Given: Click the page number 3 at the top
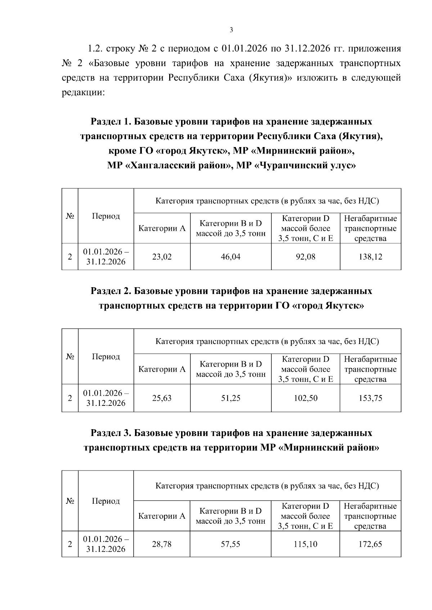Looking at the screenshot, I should point(231,30).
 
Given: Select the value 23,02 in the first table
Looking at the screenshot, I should point(162,257).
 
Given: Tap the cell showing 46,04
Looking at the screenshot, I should point(231,257).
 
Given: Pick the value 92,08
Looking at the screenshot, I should point(305,257).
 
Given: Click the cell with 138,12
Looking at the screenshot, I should point(370,257).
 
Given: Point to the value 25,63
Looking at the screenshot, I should point(162,398).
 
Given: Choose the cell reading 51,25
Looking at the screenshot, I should point(231,398).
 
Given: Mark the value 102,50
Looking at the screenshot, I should point(305,398).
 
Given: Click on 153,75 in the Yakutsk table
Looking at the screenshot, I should point(370,398).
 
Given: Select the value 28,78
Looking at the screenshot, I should point(162,544).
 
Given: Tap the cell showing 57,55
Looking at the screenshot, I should point(231,544).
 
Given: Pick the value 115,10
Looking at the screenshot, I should point(305,544).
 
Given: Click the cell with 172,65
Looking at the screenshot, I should point(370,544).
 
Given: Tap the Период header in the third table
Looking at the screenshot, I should point(106,501).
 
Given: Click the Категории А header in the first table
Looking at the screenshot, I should point(162,228).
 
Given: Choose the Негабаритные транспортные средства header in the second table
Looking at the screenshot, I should point(370,369).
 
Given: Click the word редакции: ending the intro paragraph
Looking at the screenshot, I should point(83,93).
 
